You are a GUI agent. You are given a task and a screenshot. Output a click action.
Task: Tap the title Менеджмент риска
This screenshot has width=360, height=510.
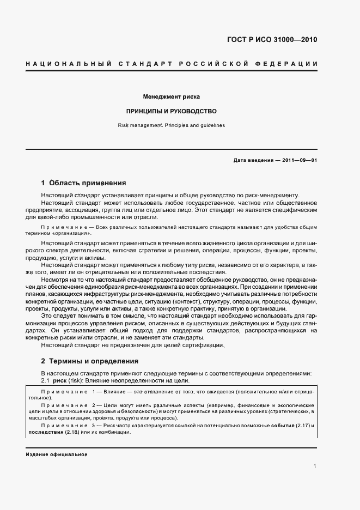[172, 97]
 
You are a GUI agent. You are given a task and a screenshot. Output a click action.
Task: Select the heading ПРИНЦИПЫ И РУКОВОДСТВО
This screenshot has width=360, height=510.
[172, 111]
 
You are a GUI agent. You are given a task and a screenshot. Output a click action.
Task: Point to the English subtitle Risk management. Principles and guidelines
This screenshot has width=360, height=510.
[172, 125]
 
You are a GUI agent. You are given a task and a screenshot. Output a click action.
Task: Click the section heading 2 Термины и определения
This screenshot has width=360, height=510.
[90, 361]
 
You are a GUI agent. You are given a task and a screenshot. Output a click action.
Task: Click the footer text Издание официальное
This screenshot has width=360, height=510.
[57, 454]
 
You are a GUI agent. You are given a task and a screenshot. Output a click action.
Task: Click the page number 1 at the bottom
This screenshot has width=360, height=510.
[315, 466]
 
